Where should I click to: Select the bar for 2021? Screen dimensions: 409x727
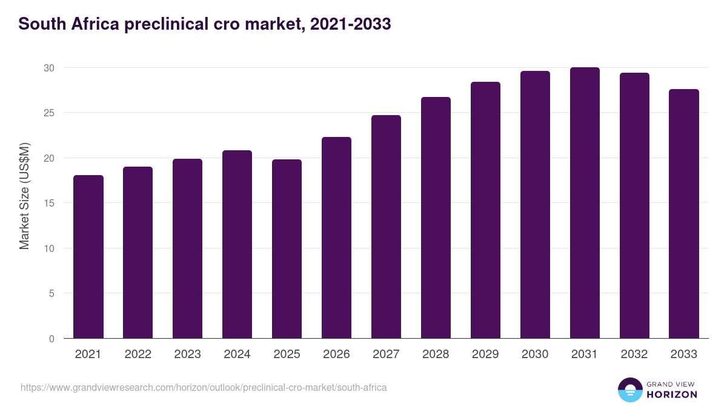pos(88,257)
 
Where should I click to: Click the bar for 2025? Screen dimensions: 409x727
pos(287,249)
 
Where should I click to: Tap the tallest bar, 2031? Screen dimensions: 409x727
pos(585,203)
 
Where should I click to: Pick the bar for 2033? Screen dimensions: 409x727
pos(684,214)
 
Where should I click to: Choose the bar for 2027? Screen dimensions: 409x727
pos(386,227)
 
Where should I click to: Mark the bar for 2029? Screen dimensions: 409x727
pos(485,210)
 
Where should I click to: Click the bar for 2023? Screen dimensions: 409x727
pos(187,248)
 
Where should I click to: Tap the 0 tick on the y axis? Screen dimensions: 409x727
pos(51,339)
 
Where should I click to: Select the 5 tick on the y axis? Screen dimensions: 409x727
pos(51,294)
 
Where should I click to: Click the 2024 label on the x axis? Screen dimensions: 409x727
pos(237,354)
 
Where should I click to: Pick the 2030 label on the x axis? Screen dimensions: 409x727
pos(535,354)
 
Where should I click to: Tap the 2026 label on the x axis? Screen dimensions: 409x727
pos(336,354)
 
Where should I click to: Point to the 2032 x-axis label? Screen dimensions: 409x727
pos(634,354)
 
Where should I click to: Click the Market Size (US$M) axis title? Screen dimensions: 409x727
pos(24,196)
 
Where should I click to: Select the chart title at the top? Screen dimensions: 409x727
pos(204,24)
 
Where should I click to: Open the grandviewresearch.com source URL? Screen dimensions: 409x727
pos(204,387)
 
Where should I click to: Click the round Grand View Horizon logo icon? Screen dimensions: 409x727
pos(630,390)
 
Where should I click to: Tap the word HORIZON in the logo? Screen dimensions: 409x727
pos(672,394)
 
